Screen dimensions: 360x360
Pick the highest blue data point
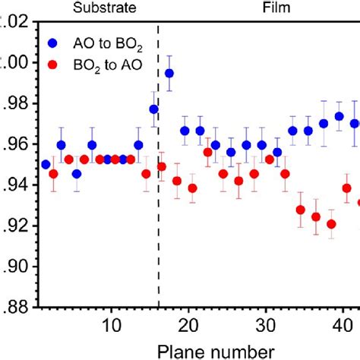(x=169, y=73)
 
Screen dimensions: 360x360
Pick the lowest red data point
(x=331, y=224)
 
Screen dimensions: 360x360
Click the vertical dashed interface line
(x=159, y=190)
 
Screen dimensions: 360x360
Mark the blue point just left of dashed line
(x=154, y=109)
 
